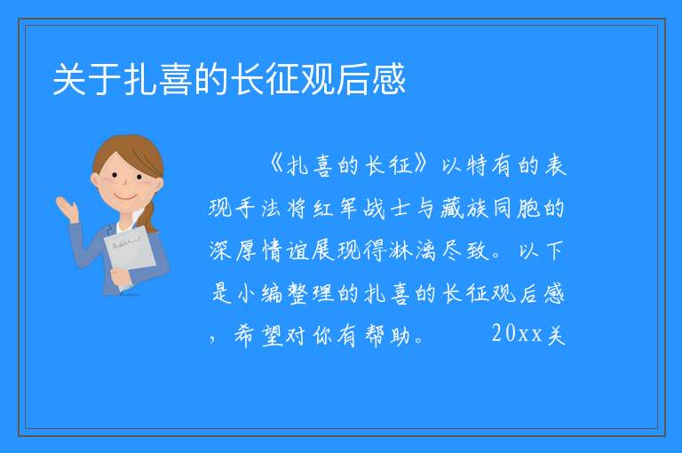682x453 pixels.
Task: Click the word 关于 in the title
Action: (86, 79)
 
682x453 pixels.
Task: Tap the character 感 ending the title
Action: (388, 79)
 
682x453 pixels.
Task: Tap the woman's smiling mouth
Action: (125, 197)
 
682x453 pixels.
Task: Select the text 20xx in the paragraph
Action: (517, 334)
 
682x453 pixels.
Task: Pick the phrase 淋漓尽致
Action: (440, 250)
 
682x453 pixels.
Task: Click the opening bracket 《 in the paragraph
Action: (276, 165)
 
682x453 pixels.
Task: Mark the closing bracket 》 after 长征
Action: (421, 165)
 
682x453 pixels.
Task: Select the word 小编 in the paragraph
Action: (260, 293)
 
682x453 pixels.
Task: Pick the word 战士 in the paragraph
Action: (386, 208)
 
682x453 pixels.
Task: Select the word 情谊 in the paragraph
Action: (284, 250)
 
